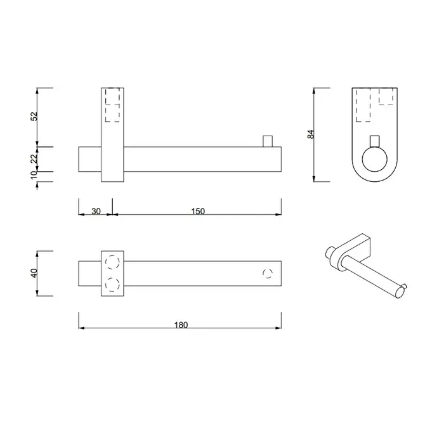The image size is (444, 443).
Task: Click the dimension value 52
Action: [34, 116]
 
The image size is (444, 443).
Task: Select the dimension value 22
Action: [34, 158]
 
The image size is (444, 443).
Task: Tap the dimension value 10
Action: [34, 175]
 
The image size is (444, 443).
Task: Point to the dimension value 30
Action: [96, 211]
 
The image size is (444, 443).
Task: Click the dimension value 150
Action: [198, 211]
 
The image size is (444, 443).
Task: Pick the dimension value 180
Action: [181, 325]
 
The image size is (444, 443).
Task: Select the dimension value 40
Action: [34, 273]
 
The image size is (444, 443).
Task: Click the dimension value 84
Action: [311, 134]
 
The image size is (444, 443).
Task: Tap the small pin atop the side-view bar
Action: [268, 141]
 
